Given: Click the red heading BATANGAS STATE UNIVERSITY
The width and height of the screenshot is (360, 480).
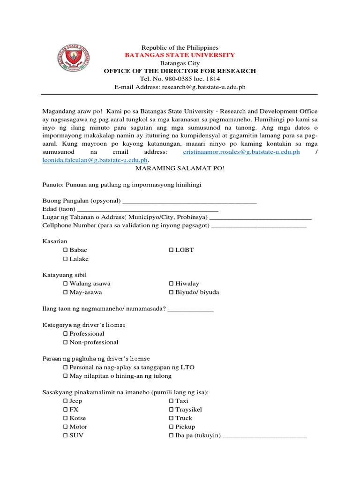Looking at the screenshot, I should pos(180,55).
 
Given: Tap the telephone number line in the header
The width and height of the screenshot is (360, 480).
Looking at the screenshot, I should pos(180,79).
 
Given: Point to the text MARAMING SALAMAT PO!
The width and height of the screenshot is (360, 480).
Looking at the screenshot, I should pos(180,168).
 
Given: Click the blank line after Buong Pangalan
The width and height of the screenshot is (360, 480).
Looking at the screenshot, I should pos(189,202).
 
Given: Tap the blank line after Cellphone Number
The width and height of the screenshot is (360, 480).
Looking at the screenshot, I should pos(259,226).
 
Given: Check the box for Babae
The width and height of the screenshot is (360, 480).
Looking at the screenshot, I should pos(66,250).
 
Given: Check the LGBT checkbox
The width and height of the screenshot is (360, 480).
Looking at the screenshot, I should pos(171,250).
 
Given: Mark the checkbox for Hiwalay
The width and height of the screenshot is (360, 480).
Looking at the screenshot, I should pos(171,284).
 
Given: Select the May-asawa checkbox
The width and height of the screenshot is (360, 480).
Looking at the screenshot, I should pos(66,292).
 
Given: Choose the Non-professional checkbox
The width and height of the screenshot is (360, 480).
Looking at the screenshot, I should pos(66,343).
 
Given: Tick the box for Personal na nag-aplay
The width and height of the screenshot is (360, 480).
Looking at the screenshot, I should pos(66,367).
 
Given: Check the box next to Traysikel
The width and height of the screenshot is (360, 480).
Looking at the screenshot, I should pos(171,410).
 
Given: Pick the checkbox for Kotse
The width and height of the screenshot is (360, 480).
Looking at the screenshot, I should pos(66,418).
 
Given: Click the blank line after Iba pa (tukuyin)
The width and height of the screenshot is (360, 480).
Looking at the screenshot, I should pos(265,436).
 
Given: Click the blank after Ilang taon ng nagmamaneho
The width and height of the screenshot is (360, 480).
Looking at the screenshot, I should pos(190,309).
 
